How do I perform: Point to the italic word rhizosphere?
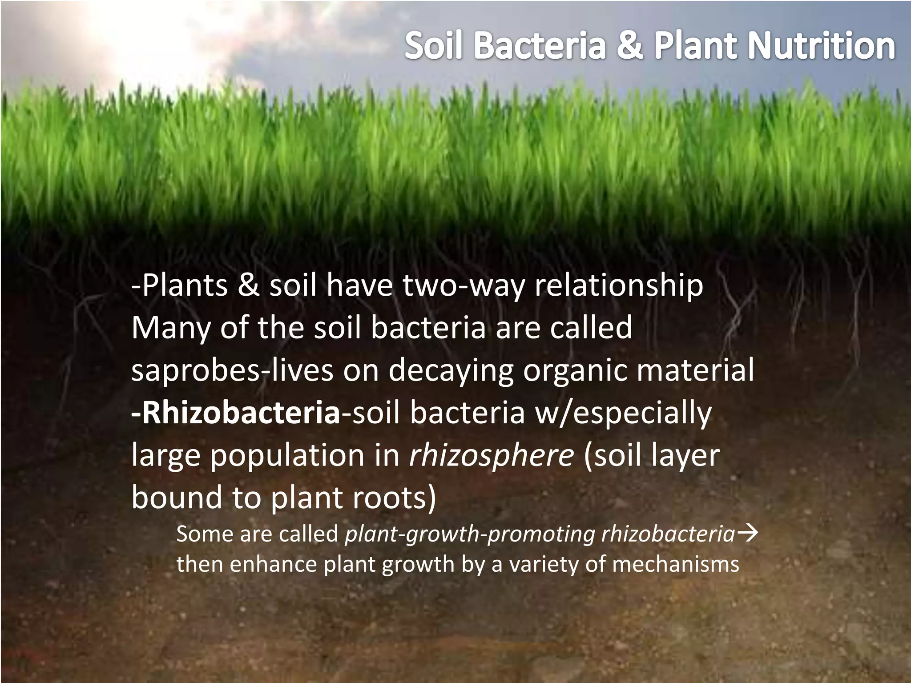pos(491,455)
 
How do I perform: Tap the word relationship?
pos(619,285)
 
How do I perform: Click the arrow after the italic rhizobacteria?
pos(747,533)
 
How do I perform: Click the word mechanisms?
pos(675,564)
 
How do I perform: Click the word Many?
pos(171,328)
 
